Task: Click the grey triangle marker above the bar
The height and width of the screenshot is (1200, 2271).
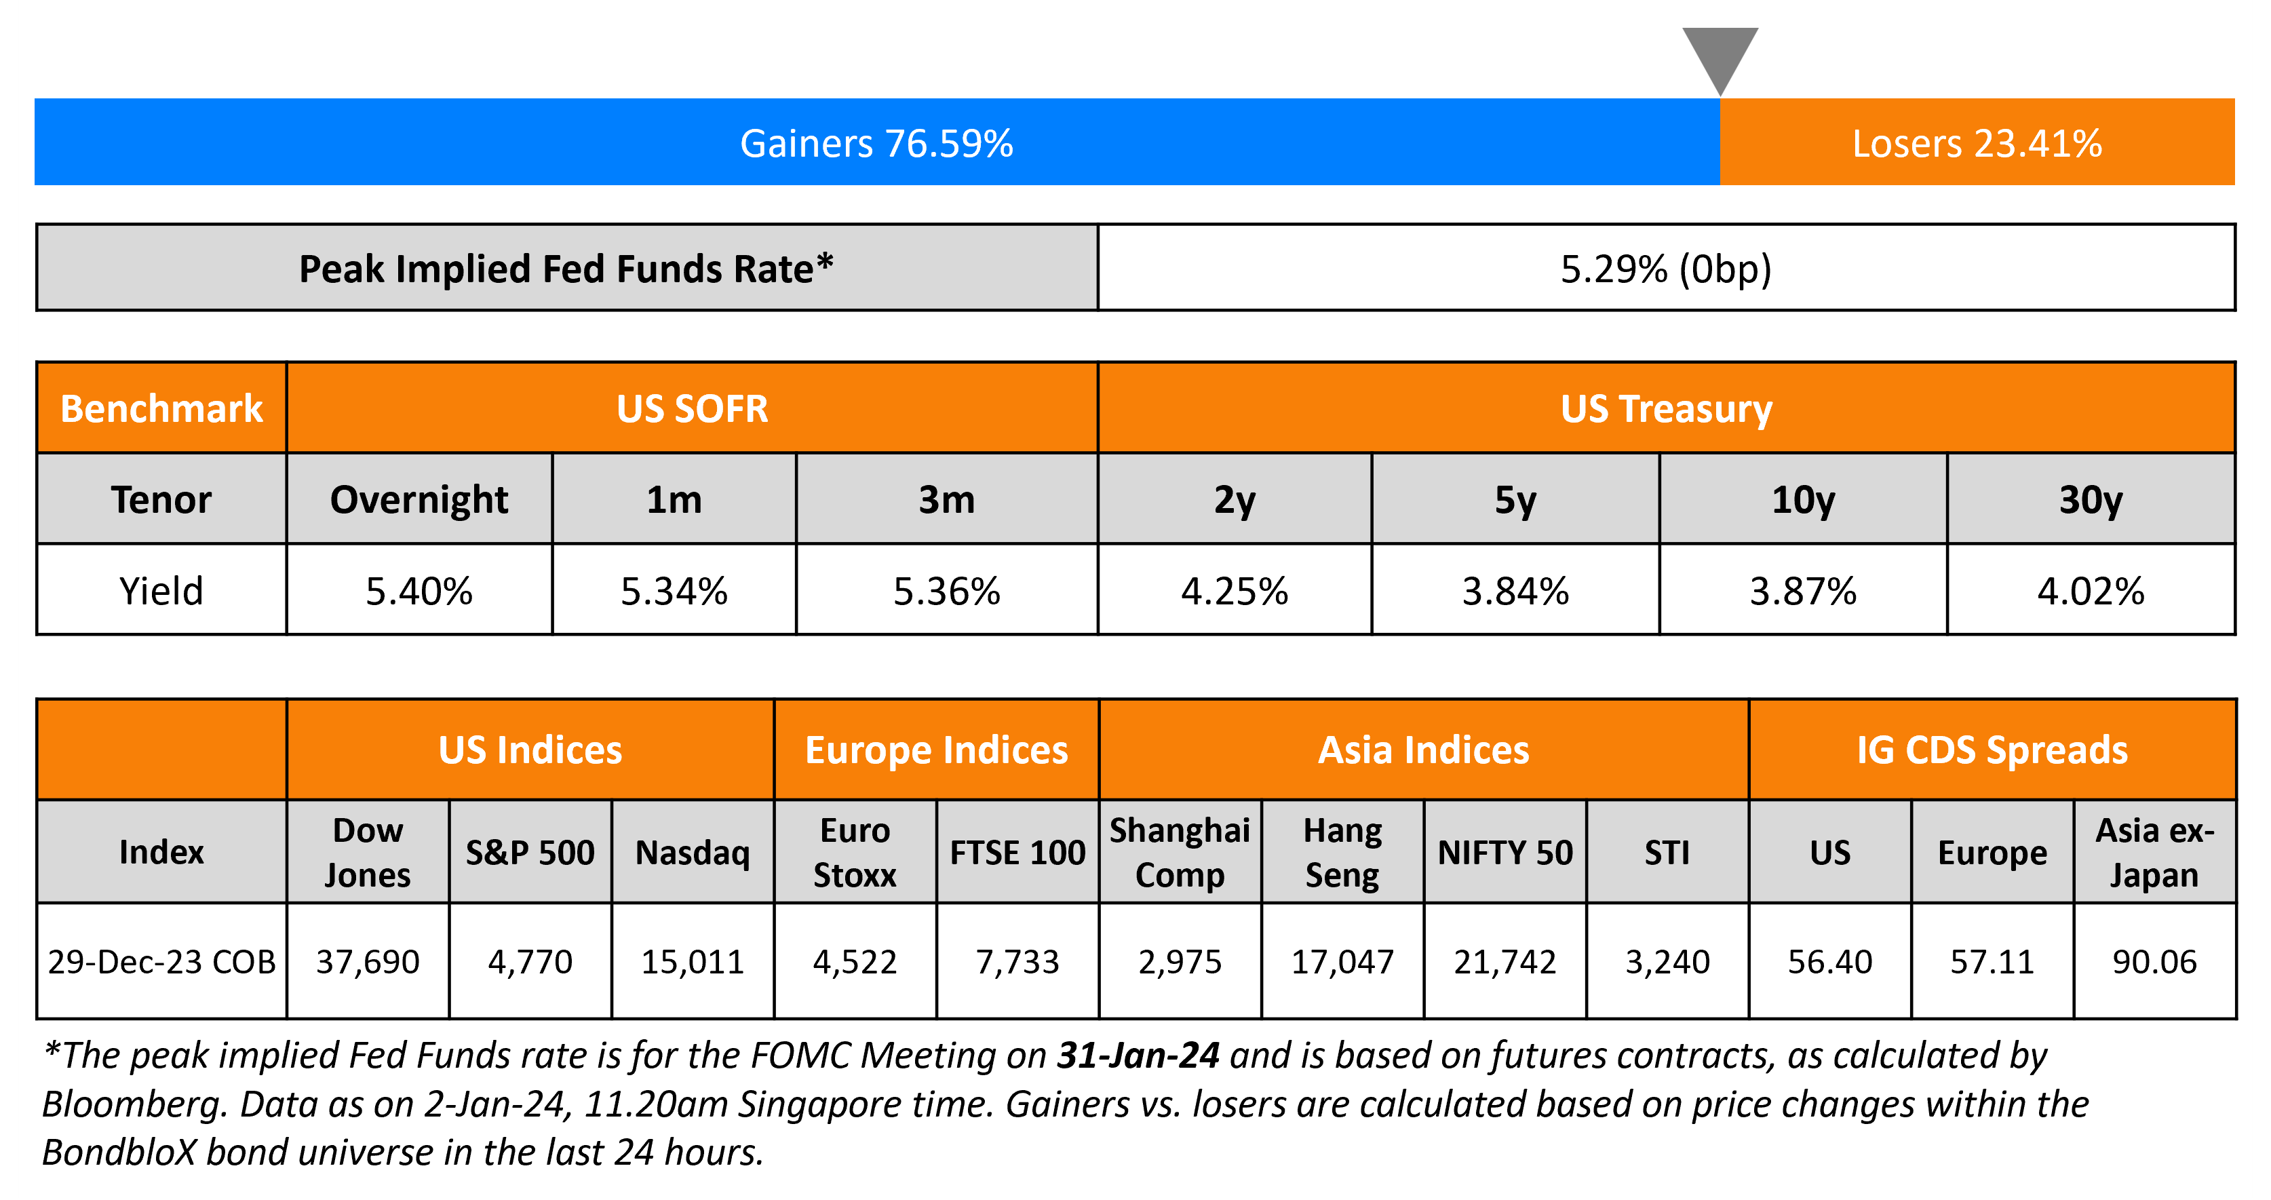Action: click(1719, 55)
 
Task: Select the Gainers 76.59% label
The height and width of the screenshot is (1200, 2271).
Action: click(876, 144)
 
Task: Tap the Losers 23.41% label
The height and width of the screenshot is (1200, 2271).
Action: click(1977, 144)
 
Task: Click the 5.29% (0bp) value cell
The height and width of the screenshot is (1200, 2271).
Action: click(1665, 269)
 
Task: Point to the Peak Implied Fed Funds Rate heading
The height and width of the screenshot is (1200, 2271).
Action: click(566, 269)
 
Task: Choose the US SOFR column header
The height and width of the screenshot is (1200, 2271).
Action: click(692, 409)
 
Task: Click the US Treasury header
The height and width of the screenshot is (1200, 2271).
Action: click(1665, 409)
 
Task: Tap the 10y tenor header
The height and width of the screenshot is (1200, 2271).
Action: click(1803, 500)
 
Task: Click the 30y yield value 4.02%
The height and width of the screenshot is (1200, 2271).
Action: click(2091, 591)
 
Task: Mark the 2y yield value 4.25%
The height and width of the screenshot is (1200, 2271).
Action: click(1235, 591)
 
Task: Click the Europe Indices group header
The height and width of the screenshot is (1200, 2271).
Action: click(936, 750)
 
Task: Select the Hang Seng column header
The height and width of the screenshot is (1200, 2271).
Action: click(1342, 853)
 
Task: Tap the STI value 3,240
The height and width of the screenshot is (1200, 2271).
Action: click(1667, 961)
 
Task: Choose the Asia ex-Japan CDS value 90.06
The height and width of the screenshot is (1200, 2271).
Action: click(2154, 961)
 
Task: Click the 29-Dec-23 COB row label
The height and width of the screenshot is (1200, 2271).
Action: click(161, 961)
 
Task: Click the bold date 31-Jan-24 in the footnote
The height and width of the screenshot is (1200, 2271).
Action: click(1138, 1056)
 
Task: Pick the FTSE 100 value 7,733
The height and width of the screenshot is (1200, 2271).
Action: click(1017, 961)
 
